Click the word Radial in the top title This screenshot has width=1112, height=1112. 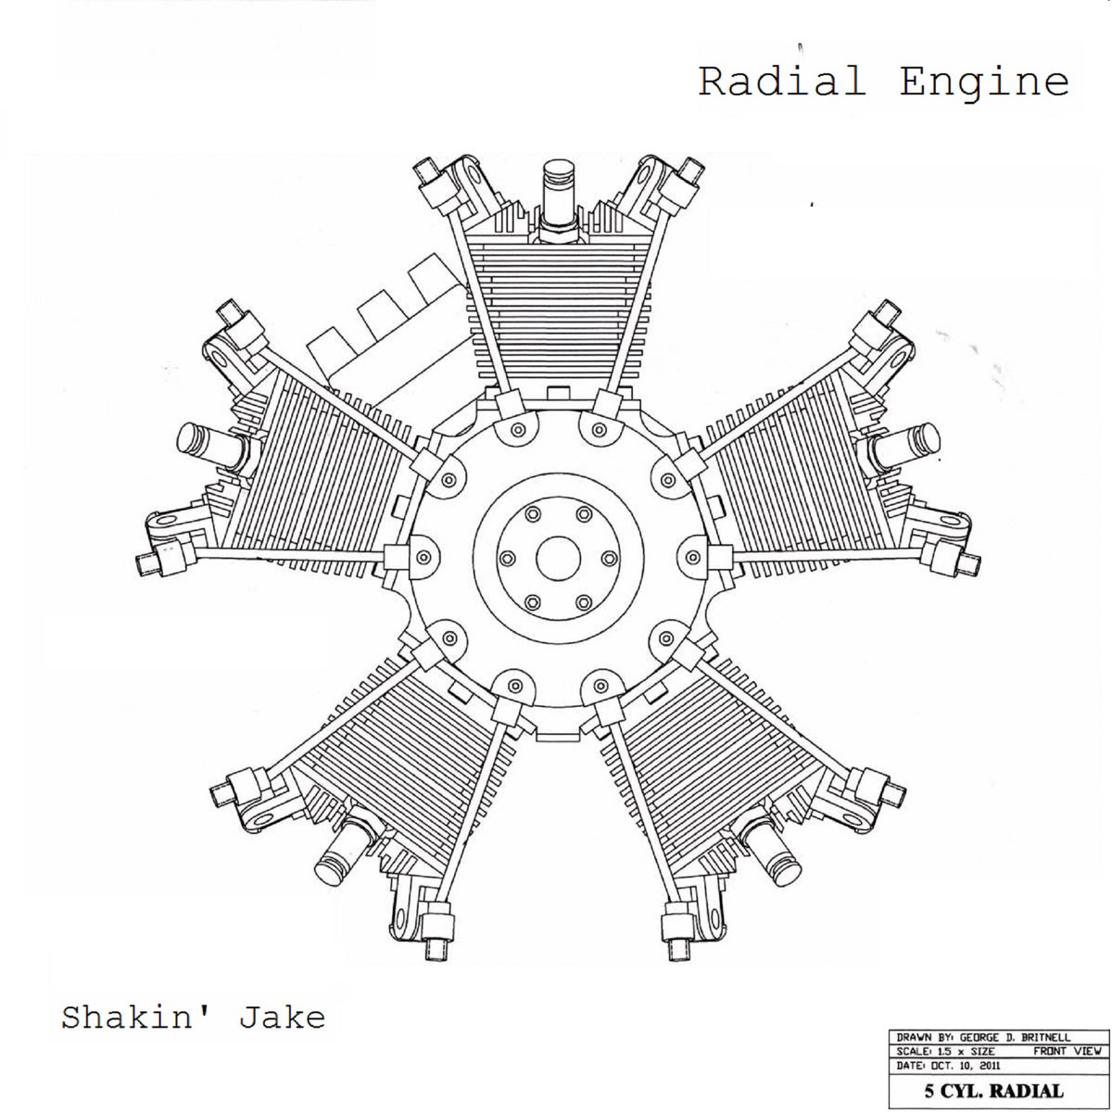click(782, 81)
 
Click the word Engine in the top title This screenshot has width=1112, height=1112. click(984, 82)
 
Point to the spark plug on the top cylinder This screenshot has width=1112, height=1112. click(559, 199)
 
